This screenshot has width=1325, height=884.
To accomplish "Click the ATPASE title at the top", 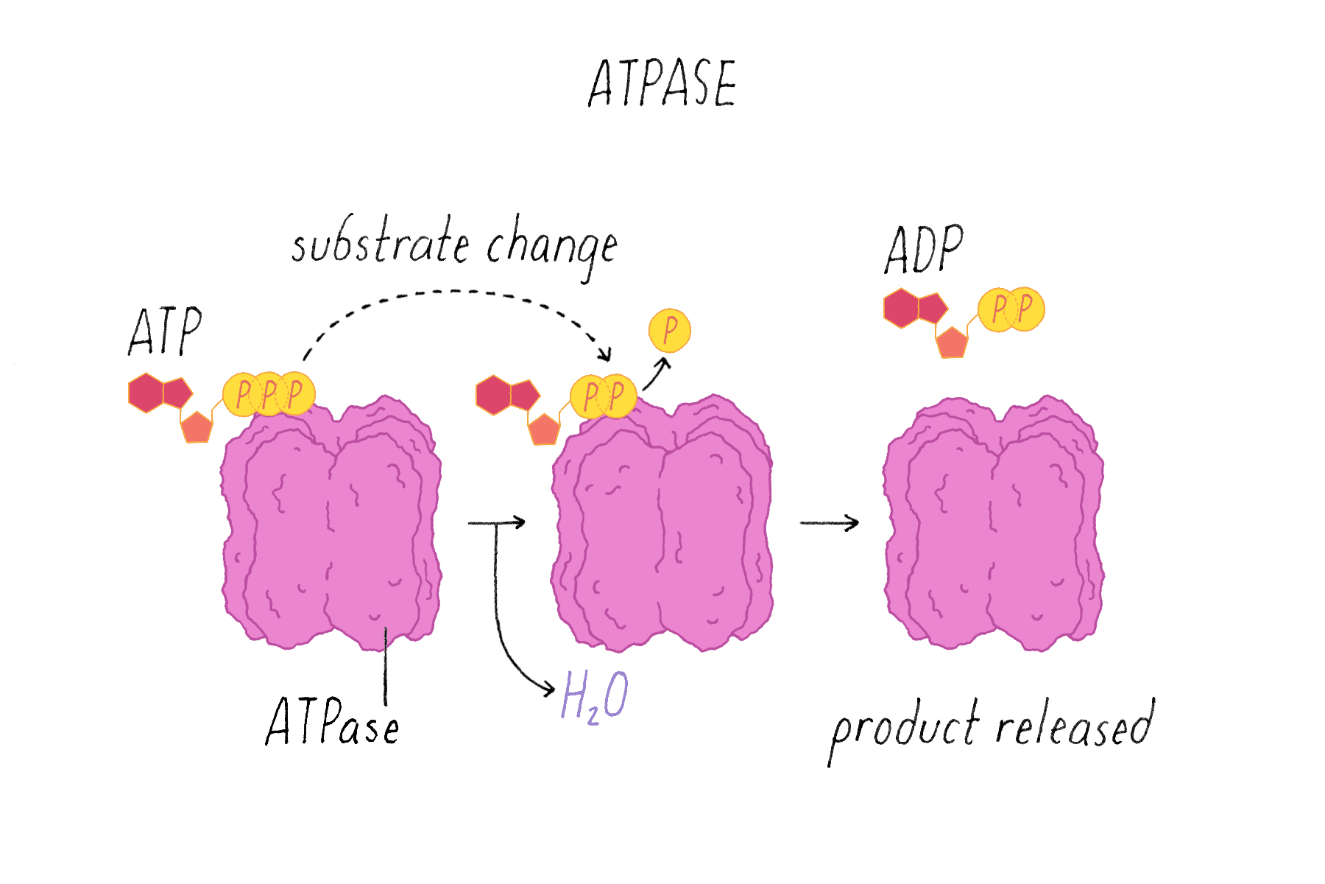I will tap(662, 83).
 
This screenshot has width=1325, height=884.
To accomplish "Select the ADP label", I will tap(924, 250).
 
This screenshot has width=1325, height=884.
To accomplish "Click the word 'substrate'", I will tap(380, 242).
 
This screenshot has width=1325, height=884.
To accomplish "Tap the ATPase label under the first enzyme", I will tap(333, 723).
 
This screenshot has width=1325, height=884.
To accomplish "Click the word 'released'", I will tap(1075, 726).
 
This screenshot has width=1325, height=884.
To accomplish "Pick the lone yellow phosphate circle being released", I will tap(670, 331).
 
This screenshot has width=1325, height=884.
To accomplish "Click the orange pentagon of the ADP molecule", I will tap(952, 343).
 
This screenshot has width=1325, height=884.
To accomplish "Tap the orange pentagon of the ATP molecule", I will tap(197, 427).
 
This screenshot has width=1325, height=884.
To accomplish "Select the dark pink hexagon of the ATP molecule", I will tap(146, 393).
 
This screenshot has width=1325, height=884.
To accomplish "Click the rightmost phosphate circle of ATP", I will tap(296, 394).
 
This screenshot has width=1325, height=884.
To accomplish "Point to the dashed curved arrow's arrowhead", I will tap(605, 355).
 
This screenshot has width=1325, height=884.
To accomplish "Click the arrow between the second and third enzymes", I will tap(830, 523).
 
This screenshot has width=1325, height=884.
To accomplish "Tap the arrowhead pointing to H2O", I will tap(548, 690).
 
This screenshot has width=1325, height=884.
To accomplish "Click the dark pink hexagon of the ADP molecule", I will tap(901, 308).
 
